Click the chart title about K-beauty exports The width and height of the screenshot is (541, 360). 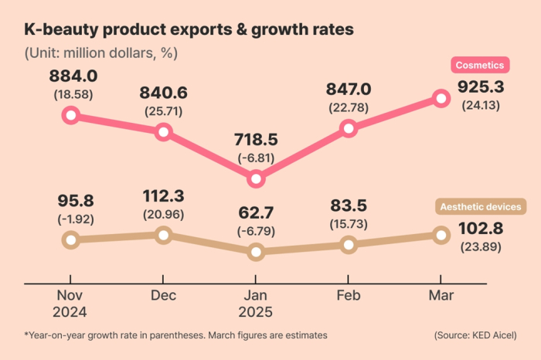189,30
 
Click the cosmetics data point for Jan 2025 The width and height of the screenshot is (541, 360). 256,179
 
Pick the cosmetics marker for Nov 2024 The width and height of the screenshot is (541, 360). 70,115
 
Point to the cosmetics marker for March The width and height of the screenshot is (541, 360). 441,98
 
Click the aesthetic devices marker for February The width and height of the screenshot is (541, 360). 349,244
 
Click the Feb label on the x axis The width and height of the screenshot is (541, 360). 349,296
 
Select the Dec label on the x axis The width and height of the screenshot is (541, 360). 163,296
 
